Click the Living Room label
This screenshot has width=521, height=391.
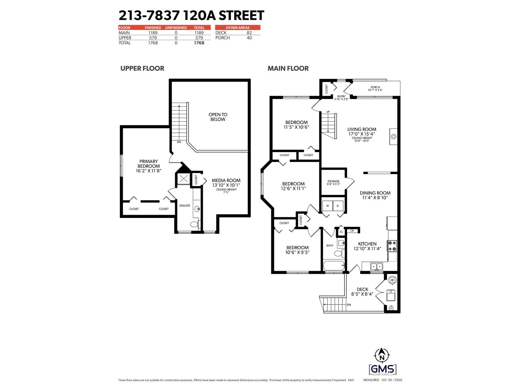point(361,129)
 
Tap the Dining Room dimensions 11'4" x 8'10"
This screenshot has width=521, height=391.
point(375,197)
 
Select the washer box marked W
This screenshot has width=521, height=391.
point(327,206)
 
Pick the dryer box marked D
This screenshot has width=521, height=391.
point(338,206)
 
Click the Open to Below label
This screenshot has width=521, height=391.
point(218,117)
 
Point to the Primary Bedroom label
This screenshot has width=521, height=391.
point(148,164)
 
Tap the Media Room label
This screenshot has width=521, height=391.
point(226,180)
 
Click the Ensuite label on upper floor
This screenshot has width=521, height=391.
point(185,206)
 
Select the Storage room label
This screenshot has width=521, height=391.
point(333,181)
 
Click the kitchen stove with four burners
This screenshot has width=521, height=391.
point(392,246)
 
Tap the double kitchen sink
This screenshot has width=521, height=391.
point(377,267)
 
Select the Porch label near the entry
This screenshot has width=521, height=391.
point(375,87)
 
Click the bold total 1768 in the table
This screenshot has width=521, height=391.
point(199,43)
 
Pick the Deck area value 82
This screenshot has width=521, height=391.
point(249,33)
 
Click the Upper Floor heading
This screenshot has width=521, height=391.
point(142,68)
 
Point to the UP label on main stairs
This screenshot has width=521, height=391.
point(328,112)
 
